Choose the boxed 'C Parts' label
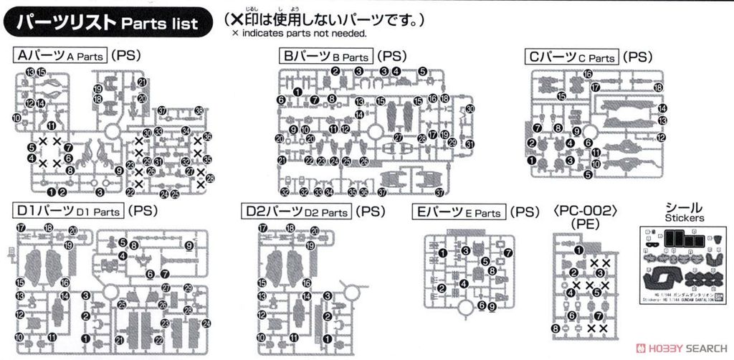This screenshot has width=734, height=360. tap(571, 57)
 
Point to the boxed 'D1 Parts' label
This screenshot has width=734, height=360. tap(69, 212)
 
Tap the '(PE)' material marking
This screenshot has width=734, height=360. tap(586, 224)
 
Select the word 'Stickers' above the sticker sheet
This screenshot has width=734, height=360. tap(684, 217)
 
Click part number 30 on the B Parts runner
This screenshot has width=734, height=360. tap(470, 108)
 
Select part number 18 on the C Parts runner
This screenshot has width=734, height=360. tap(658, 87)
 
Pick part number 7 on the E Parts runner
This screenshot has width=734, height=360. tap(508, 252)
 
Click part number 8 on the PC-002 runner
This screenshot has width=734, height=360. tap(556, 328)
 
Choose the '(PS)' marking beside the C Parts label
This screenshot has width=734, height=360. tap(637, 57)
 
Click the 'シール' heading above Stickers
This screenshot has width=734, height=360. tap(684, 206)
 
